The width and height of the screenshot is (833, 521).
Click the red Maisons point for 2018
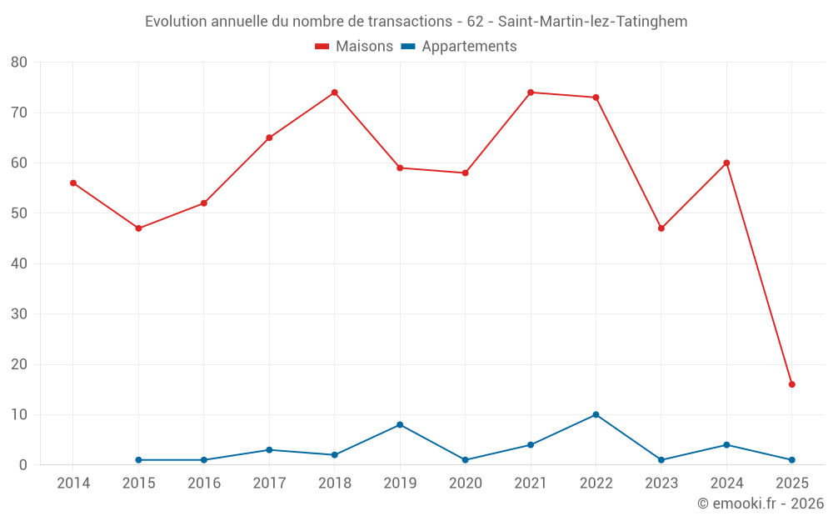[x=334, y=93]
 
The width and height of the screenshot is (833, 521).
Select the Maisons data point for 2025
[x=791, y=384]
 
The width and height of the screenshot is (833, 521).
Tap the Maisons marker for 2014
[x=73, y=183]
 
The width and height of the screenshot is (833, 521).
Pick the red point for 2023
[x=661, y=228]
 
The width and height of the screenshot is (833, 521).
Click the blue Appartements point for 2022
[x=596, y=414]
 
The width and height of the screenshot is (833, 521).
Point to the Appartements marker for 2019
[x=400, y=424]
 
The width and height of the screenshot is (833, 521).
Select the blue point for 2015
[x=138, y=460]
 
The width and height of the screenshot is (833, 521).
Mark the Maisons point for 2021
[x=531, y=93]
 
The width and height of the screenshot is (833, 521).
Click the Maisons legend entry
[x=364, y=47]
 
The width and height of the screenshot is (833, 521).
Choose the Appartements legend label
[x=469, y=47]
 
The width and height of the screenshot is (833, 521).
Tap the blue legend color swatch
[x=408, y=47]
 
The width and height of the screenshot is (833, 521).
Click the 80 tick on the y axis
[x=19, y=63]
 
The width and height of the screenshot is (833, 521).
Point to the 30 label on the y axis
[x=19, y=314]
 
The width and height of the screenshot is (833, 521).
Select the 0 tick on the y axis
[x=23, y=465]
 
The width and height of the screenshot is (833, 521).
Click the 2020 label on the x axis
[x=465, y=483]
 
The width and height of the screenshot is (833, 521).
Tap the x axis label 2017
[x=269, y=483]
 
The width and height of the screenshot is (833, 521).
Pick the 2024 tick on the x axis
[x=726, y=483]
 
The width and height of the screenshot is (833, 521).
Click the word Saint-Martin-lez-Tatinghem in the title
[x=592, y=21]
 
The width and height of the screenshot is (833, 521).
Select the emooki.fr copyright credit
[x=760, y=503]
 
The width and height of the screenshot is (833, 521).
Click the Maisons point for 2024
[x=726, y=163]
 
